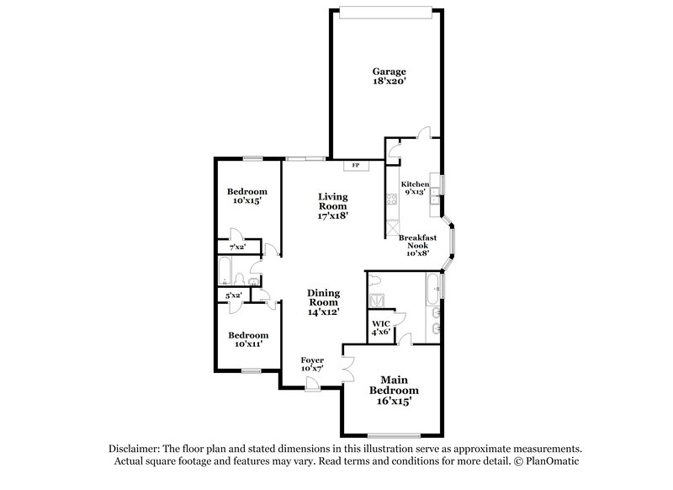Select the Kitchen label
[x=415, y=184]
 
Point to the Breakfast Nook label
[x=416, y=239]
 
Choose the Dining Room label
[x=323, y=296]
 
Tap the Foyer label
[x=313, y=360]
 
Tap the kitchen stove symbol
[x=390, y=200]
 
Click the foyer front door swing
[x=312, y=383]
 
